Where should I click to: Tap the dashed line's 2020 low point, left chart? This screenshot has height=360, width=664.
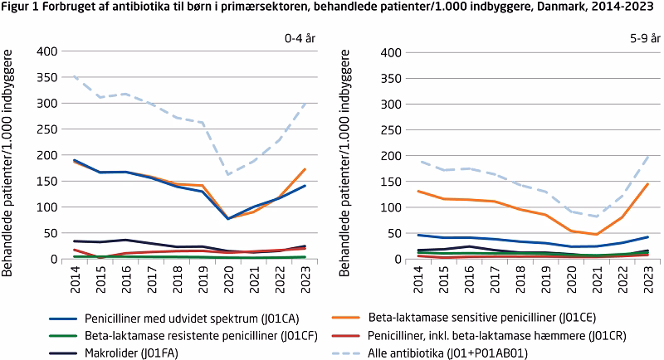click(x=229, y=174)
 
